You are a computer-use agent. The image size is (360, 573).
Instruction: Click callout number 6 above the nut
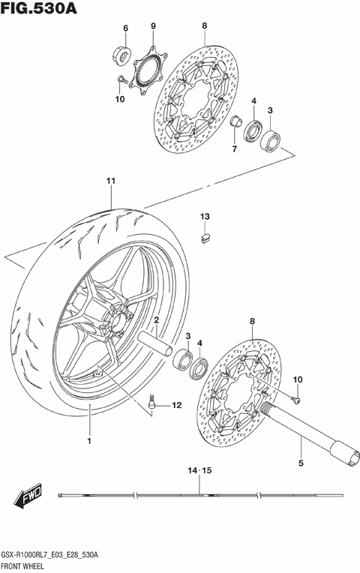(125, 28)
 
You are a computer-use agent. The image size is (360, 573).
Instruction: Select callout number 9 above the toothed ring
(152, 27)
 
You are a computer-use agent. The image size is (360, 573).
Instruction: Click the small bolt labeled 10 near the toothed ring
(120, 79)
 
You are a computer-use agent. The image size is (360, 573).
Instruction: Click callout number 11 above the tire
(110, 181)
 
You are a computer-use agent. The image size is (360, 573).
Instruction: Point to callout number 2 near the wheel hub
(157, 320)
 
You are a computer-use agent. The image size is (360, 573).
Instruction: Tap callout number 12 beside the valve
(176, 406)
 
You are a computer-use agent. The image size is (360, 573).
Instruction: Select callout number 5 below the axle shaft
(301, 463)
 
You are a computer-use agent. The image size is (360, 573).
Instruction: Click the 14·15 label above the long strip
(200, 471)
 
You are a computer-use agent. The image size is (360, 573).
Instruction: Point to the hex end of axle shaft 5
(349, 455)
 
